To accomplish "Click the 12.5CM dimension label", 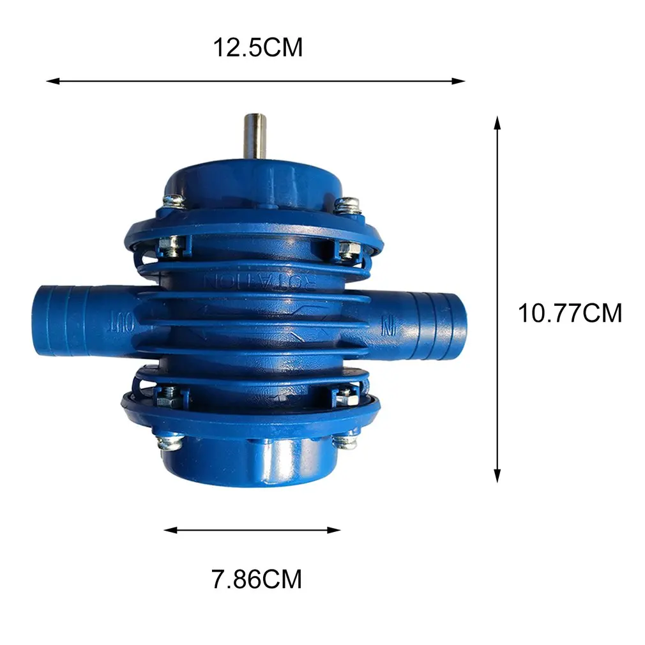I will click(257, 48).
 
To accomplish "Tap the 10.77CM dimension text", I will click(569, 314).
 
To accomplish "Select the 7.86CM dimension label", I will click(256, 579).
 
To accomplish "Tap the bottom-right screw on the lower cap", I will click(345, 441).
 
